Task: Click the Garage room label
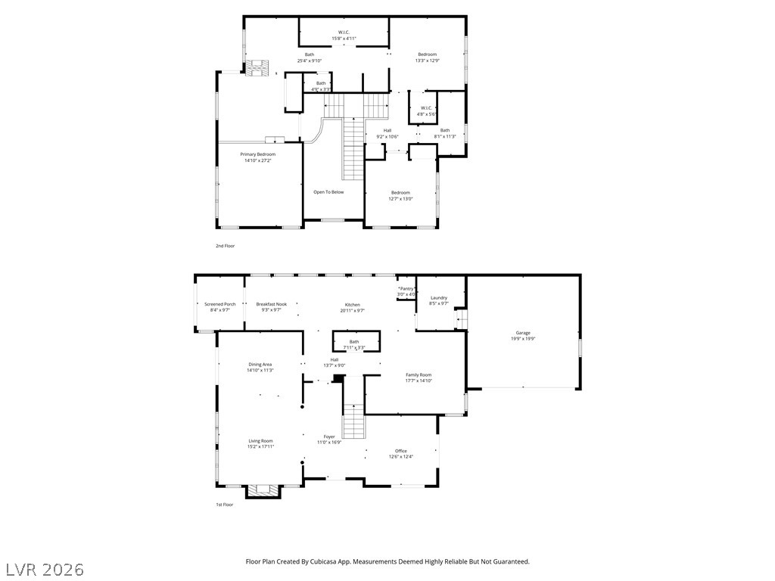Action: (x=523, y=333)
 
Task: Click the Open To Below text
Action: (x=328, y=192)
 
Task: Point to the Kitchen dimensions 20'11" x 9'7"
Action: (x=352, y=310)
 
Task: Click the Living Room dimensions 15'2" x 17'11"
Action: (x=260, y=446)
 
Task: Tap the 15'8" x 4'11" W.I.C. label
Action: (x=344, y=39)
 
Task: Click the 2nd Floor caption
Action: (x=225, y=246)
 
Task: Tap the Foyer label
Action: (x=329, y=437)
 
